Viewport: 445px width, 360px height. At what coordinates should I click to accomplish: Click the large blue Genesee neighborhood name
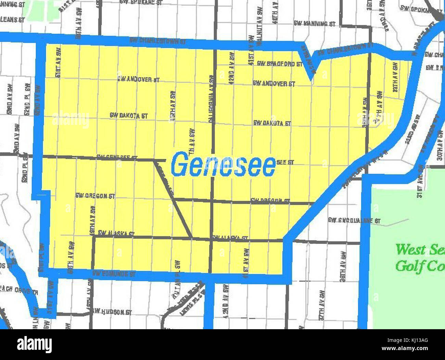(223, 165)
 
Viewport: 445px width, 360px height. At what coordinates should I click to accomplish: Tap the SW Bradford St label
(279, 64)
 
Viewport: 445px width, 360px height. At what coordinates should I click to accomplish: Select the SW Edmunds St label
(114, 274)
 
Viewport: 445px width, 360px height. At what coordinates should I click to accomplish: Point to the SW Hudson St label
(113, 312)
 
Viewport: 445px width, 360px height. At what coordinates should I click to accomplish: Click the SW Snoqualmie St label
(354, 221)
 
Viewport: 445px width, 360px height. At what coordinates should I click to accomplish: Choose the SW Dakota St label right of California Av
(272, 123)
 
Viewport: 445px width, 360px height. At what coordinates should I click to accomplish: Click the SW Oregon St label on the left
(95, 196)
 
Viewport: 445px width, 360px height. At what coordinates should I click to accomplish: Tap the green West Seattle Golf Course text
(420, 257)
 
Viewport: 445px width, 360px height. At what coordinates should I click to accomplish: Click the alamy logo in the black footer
(35, 344)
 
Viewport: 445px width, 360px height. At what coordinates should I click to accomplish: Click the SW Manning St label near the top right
(315, 24)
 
